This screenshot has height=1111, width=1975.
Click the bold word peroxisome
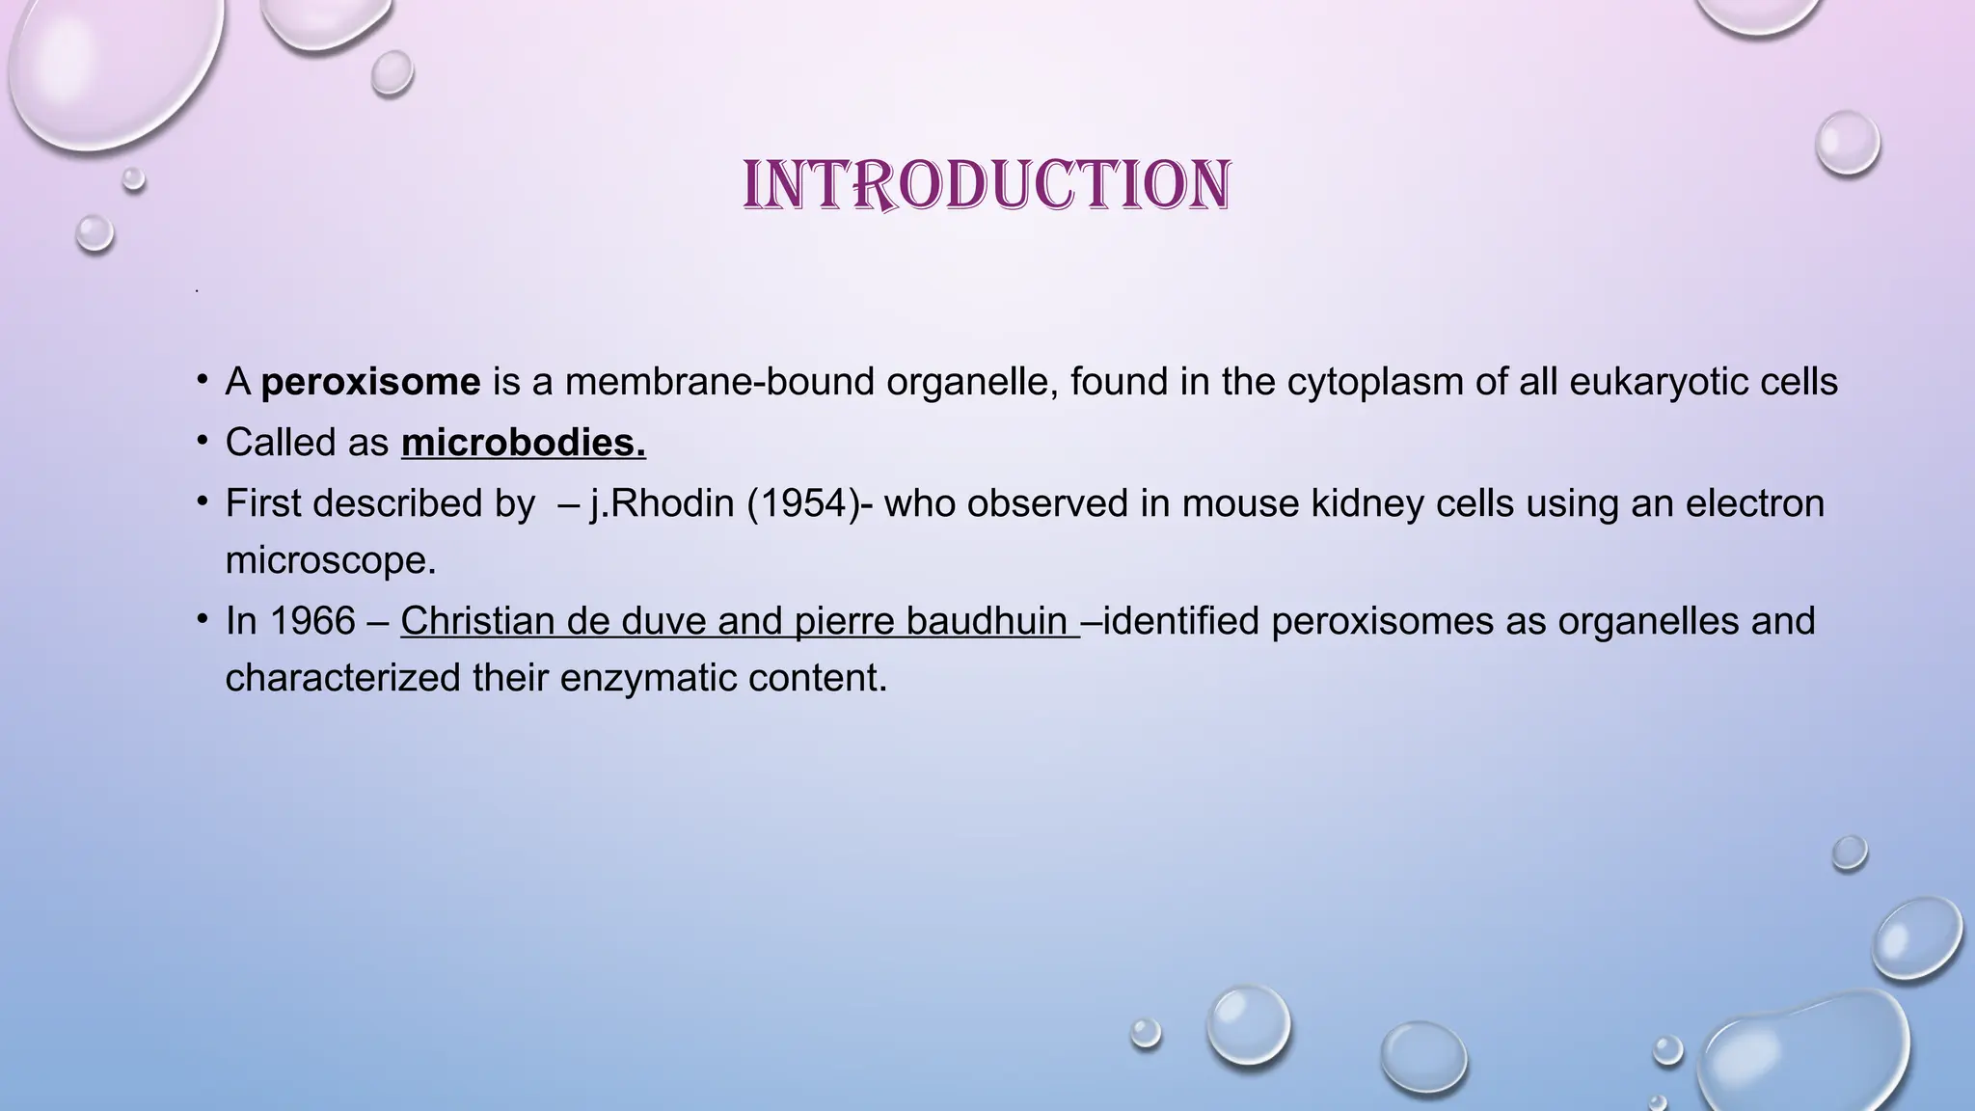click(x=370, y=383)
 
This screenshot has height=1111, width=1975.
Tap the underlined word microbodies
click(x=523, y=444)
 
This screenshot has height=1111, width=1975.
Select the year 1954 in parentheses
click(x=803, y=504)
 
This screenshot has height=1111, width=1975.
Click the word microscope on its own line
click(x=330, y=560)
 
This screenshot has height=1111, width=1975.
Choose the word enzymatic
click(x=634, y=678)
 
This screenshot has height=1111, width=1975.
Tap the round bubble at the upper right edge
click(x=1847, y=143)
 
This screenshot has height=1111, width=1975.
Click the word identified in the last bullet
click(x=1181, y=621)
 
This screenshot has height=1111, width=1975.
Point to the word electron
click(x=1754, y=504)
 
